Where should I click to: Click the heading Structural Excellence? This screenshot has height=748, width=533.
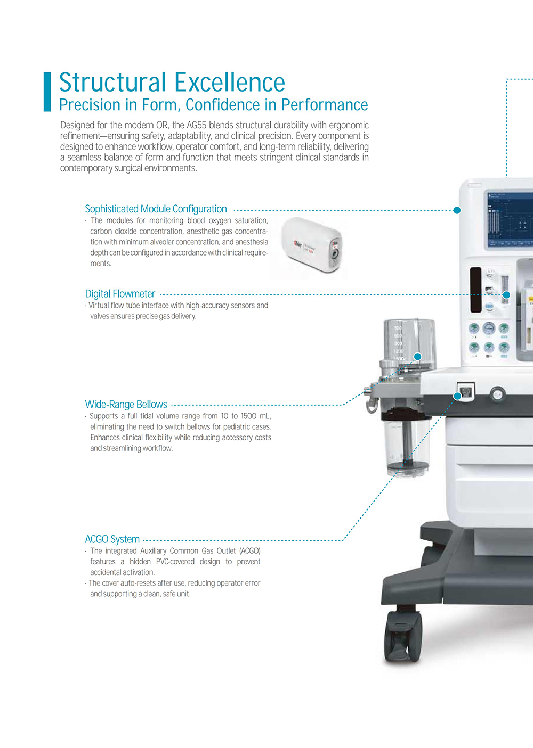[172, 83]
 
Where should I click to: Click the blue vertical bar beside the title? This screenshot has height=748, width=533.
[47, 92]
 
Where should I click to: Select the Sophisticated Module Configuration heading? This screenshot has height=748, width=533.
[156, 209]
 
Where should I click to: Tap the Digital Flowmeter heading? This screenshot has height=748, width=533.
[120, 294]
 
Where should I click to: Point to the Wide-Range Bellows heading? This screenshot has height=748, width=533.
[126, 405]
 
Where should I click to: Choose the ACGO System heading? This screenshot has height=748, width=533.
[112, 539]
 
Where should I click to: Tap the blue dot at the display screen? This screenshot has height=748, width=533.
[457, 210]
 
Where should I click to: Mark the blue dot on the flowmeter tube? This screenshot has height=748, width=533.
[506, 295]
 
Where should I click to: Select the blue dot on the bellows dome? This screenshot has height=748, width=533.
[418, 356]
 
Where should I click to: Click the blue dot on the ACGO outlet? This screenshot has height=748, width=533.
[457, 396]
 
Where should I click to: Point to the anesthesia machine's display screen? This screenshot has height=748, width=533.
[509, 219]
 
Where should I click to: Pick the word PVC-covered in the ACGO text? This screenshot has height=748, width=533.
[175, 562]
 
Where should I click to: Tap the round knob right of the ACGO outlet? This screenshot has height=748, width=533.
[497, 394]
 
